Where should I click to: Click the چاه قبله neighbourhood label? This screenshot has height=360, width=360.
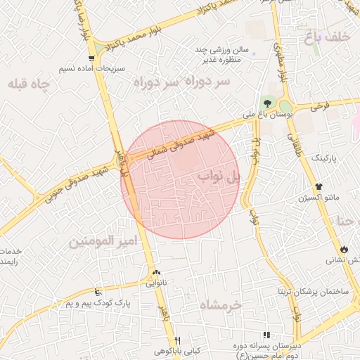click(30, 84)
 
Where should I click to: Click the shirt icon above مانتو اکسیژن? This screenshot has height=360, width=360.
click(319, 187)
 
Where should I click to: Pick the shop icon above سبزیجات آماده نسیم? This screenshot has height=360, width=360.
click(91, 59)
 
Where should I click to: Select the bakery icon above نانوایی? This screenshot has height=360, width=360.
click(156, 273)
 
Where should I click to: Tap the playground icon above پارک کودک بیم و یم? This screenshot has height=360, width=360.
click(98, 291)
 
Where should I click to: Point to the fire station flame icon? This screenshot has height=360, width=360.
click(343, 248)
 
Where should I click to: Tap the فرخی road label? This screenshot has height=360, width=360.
click(319, 107)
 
